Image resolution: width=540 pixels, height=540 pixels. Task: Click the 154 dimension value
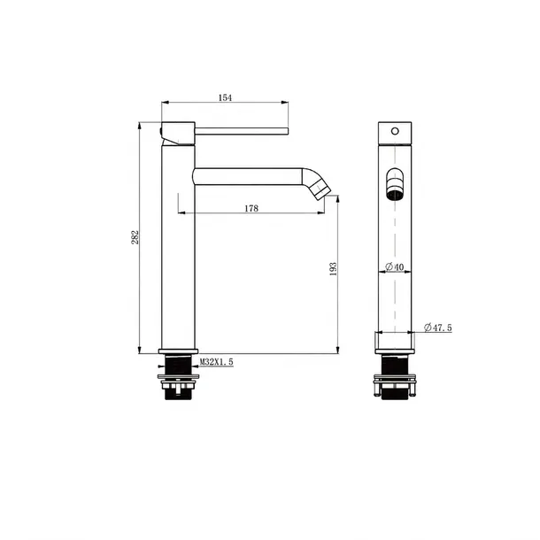[x=225, y=97]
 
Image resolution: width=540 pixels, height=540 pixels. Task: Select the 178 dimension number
[x=251, y=208]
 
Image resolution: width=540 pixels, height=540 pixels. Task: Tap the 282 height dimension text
[x=135, y=237]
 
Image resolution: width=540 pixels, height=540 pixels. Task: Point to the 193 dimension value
[x=333, y=269]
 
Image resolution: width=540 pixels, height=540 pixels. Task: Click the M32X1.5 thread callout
[x=217, y=362]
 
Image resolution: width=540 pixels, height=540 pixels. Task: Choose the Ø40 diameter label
[x=395, y=266]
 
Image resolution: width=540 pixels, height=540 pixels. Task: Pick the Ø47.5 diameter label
[x=438, y=328]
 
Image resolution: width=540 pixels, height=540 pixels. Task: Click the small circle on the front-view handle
[x=395, y=131]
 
